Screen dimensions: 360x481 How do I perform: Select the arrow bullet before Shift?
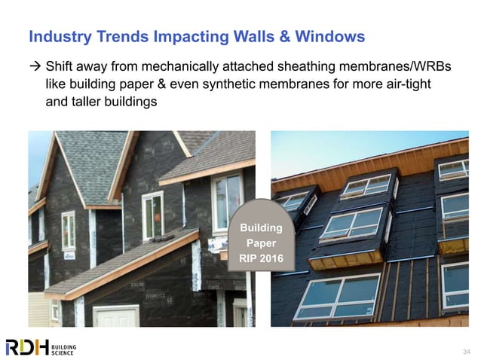(x=34, y=67)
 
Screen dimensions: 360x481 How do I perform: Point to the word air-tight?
(x=406, y=84)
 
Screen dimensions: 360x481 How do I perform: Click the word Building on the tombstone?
(x=261, y=227)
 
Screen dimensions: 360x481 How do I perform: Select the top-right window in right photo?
(x=453, y=170)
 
